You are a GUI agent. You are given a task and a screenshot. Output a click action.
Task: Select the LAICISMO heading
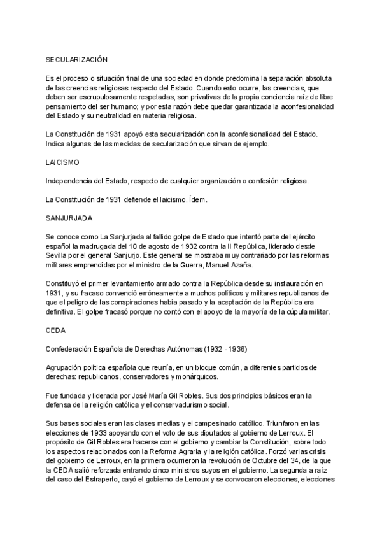click(x=62, y=162)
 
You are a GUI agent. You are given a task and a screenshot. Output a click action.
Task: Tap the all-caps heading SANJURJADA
click(x=69, y=218)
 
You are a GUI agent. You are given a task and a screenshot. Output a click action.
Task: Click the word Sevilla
click(x=58, y=255)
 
